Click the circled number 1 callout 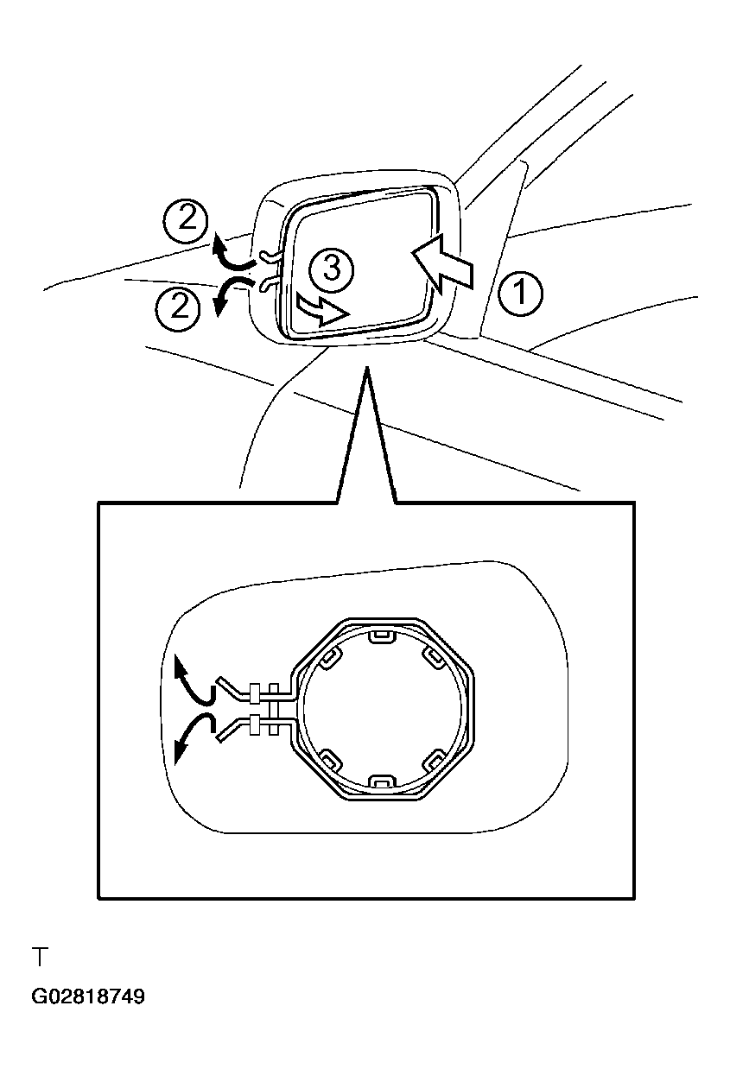click(x=520, y=292)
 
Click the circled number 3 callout click(x=332, y=269)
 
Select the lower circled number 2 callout click(x=178, y=306)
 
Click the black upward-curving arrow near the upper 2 click(x=232, y=252)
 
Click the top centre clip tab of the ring click(x=383, y=637)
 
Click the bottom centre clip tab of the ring click(x=383, y=780)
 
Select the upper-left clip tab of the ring click(x=329, y=658)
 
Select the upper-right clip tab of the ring click(x=435, y=658)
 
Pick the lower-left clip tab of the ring click(x=329, y=760)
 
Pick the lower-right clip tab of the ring click(x=435, y=760)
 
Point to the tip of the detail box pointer click(x=366, y=367)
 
